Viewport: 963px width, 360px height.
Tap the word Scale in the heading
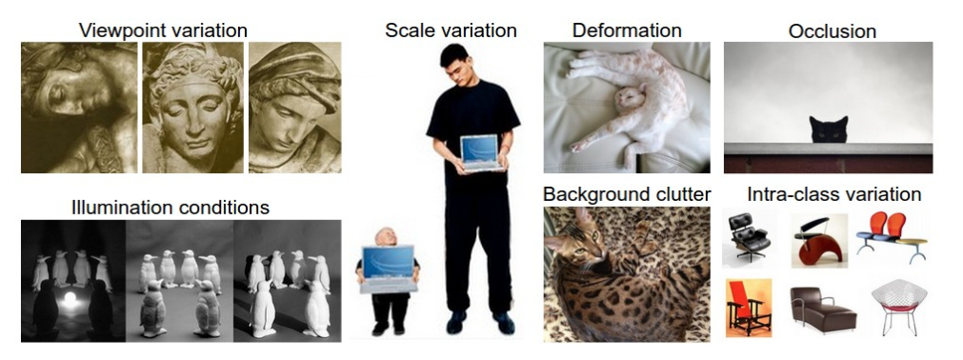pyautogui.click(x=408, y=30)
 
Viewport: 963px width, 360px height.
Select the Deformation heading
pyautogui.click(x=627, y=30)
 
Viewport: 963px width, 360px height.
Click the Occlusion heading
pyautogui.click(x=833, y=32)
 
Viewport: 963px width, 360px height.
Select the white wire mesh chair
pyautogui.click(x=898, y=306)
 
